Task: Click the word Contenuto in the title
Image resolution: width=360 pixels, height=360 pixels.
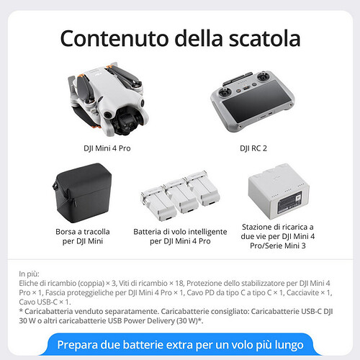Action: (114, 38)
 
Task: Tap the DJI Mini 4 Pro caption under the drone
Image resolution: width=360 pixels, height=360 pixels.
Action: (107, 148)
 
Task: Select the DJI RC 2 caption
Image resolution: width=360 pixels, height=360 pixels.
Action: (253, 148)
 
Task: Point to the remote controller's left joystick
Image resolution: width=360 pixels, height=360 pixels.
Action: (225, 92)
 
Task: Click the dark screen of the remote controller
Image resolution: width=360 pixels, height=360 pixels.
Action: (257, 101)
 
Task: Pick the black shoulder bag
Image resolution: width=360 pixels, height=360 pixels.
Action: (82, 193)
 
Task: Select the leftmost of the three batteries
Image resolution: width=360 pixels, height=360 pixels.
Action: (158, 204)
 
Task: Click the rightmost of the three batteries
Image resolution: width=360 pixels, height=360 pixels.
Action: (203, 189)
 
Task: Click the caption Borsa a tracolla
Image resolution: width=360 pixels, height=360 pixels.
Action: (83, 232)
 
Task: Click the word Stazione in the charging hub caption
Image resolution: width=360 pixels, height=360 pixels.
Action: (256, 227)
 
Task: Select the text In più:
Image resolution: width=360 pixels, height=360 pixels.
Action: (29, 274)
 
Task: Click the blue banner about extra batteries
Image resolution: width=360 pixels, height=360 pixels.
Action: (180, 344)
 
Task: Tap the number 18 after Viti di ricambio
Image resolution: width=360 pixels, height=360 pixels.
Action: (179, 283)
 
